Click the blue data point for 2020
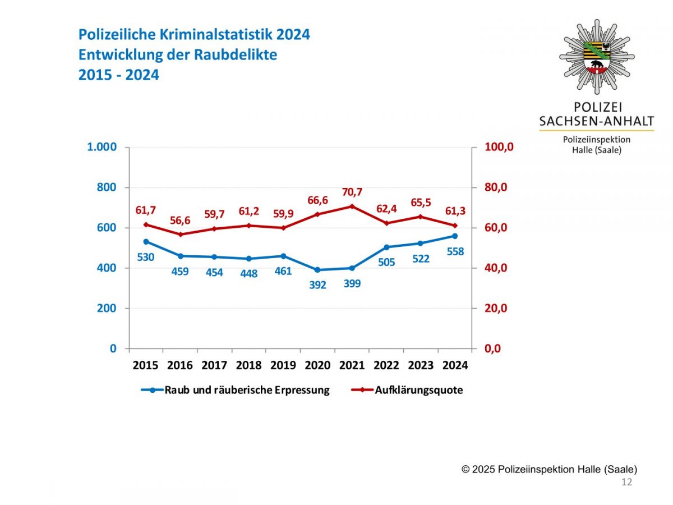(x=317, y=270)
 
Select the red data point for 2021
(x=352, y=206)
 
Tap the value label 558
(x=455, y=252)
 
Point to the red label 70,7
(x=352, y=192)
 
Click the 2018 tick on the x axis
(x=248, y=365)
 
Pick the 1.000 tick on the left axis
(x=102, y=147)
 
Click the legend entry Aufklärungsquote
(x=418, y=390)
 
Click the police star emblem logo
(x=597, y=56)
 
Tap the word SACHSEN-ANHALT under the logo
(x=596, y=121)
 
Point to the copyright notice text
(x=549, y=469)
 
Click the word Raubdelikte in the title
(x=241, y=55)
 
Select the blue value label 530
(x=145, y=257)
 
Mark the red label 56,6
(x=180, y=221)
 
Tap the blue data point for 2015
(x=146, y=242)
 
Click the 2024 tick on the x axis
(x=455, y=365)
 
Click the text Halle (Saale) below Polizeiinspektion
(x=596, y=150)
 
